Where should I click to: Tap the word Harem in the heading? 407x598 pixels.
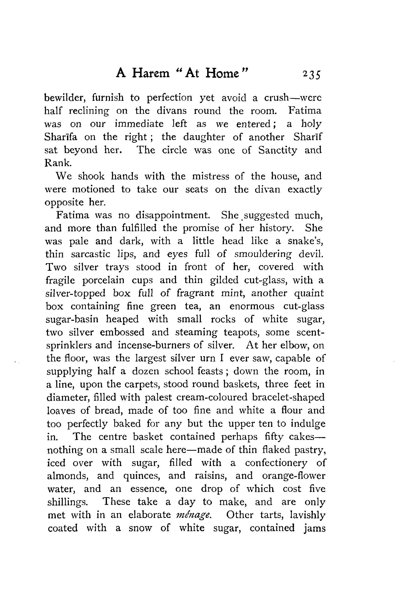[151, 73]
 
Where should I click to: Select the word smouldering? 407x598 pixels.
[263, 254]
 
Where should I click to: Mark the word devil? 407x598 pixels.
[311, 254]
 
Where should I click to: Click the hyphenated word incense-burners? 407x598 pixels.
[153, 345]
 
